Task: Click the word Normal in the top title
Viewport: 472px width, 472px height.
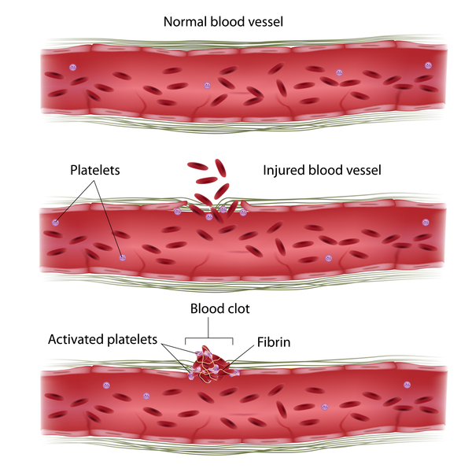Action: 184,21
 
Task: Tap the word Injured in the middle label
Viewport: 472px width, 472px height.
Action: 285,169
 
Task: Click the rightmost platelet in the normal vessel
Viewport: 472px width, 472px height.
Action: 428,65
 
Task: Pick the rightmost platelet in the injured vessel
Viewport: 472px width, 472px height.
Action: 425,223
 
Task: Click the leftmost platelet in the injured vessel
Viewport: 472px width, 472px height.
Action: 55,223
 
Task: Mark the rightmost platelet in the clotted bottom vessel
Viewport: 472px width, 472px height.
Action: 407,385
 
